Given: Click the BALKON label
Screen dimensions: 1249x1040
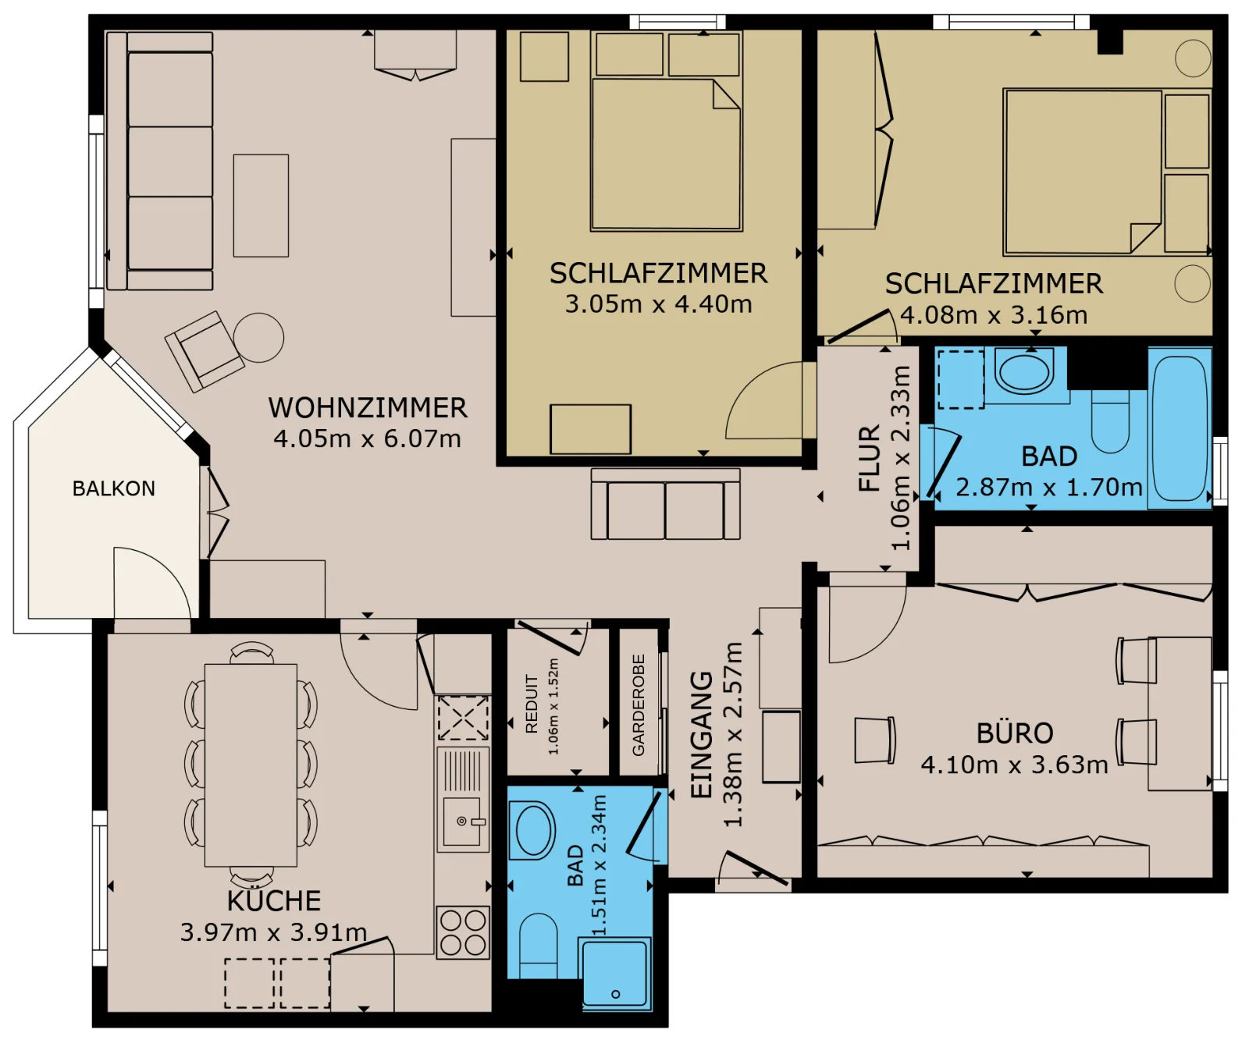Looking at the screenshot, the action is click(114, 488).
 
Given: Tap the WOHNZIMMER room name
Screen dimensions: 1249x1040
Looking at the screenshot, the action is click(368, 407).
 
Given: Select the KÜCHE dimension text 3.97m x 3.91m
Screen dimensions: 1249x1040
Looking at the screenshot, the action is click(273, 932).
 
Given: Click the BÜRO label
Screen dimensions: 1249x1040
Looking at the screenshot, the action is click(1015, 733).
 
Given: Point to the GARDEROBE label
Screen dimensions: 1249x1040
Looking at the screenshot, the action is click(639, 705).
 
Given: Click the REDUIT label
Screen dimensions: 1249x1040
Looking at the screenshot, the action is click(532, 704).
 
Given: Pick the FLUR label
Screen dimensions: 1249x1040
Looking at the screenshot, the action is click(869, 458).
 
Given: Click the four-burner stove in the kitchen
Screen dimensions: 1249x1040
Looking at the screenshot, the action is click(463, 932).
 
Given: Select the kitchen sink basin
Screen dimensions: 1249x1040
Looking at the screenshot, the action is click(463, 821).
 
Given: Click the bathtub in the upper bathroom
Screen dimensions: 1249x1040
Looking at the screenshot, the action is click(1180, 428).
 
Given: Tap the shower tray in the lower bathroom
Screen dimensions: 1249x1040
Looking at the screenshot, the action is click(615, 974).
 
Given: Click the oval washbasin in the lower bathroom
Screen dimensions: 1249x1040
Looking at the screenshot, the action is click(533, 830).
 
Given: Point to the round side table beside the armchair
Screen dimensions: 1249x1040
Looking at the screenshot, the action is click(258, 337).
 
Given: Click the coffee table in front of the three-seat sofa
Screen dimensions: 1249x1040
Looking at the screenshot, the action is click(261, 205).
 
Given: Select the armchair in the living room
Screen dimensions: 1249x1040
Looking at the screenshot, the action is click(205, 351).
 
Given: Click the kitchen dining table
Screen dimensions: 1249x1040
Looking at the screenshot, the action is click(251, 765).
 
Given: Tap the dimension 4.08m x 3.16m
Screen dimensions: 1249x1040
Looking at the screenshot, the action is click(994, 314).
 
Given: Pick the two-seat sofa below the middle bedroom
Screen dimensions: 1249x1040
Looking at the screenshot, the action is click(665, 504).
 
